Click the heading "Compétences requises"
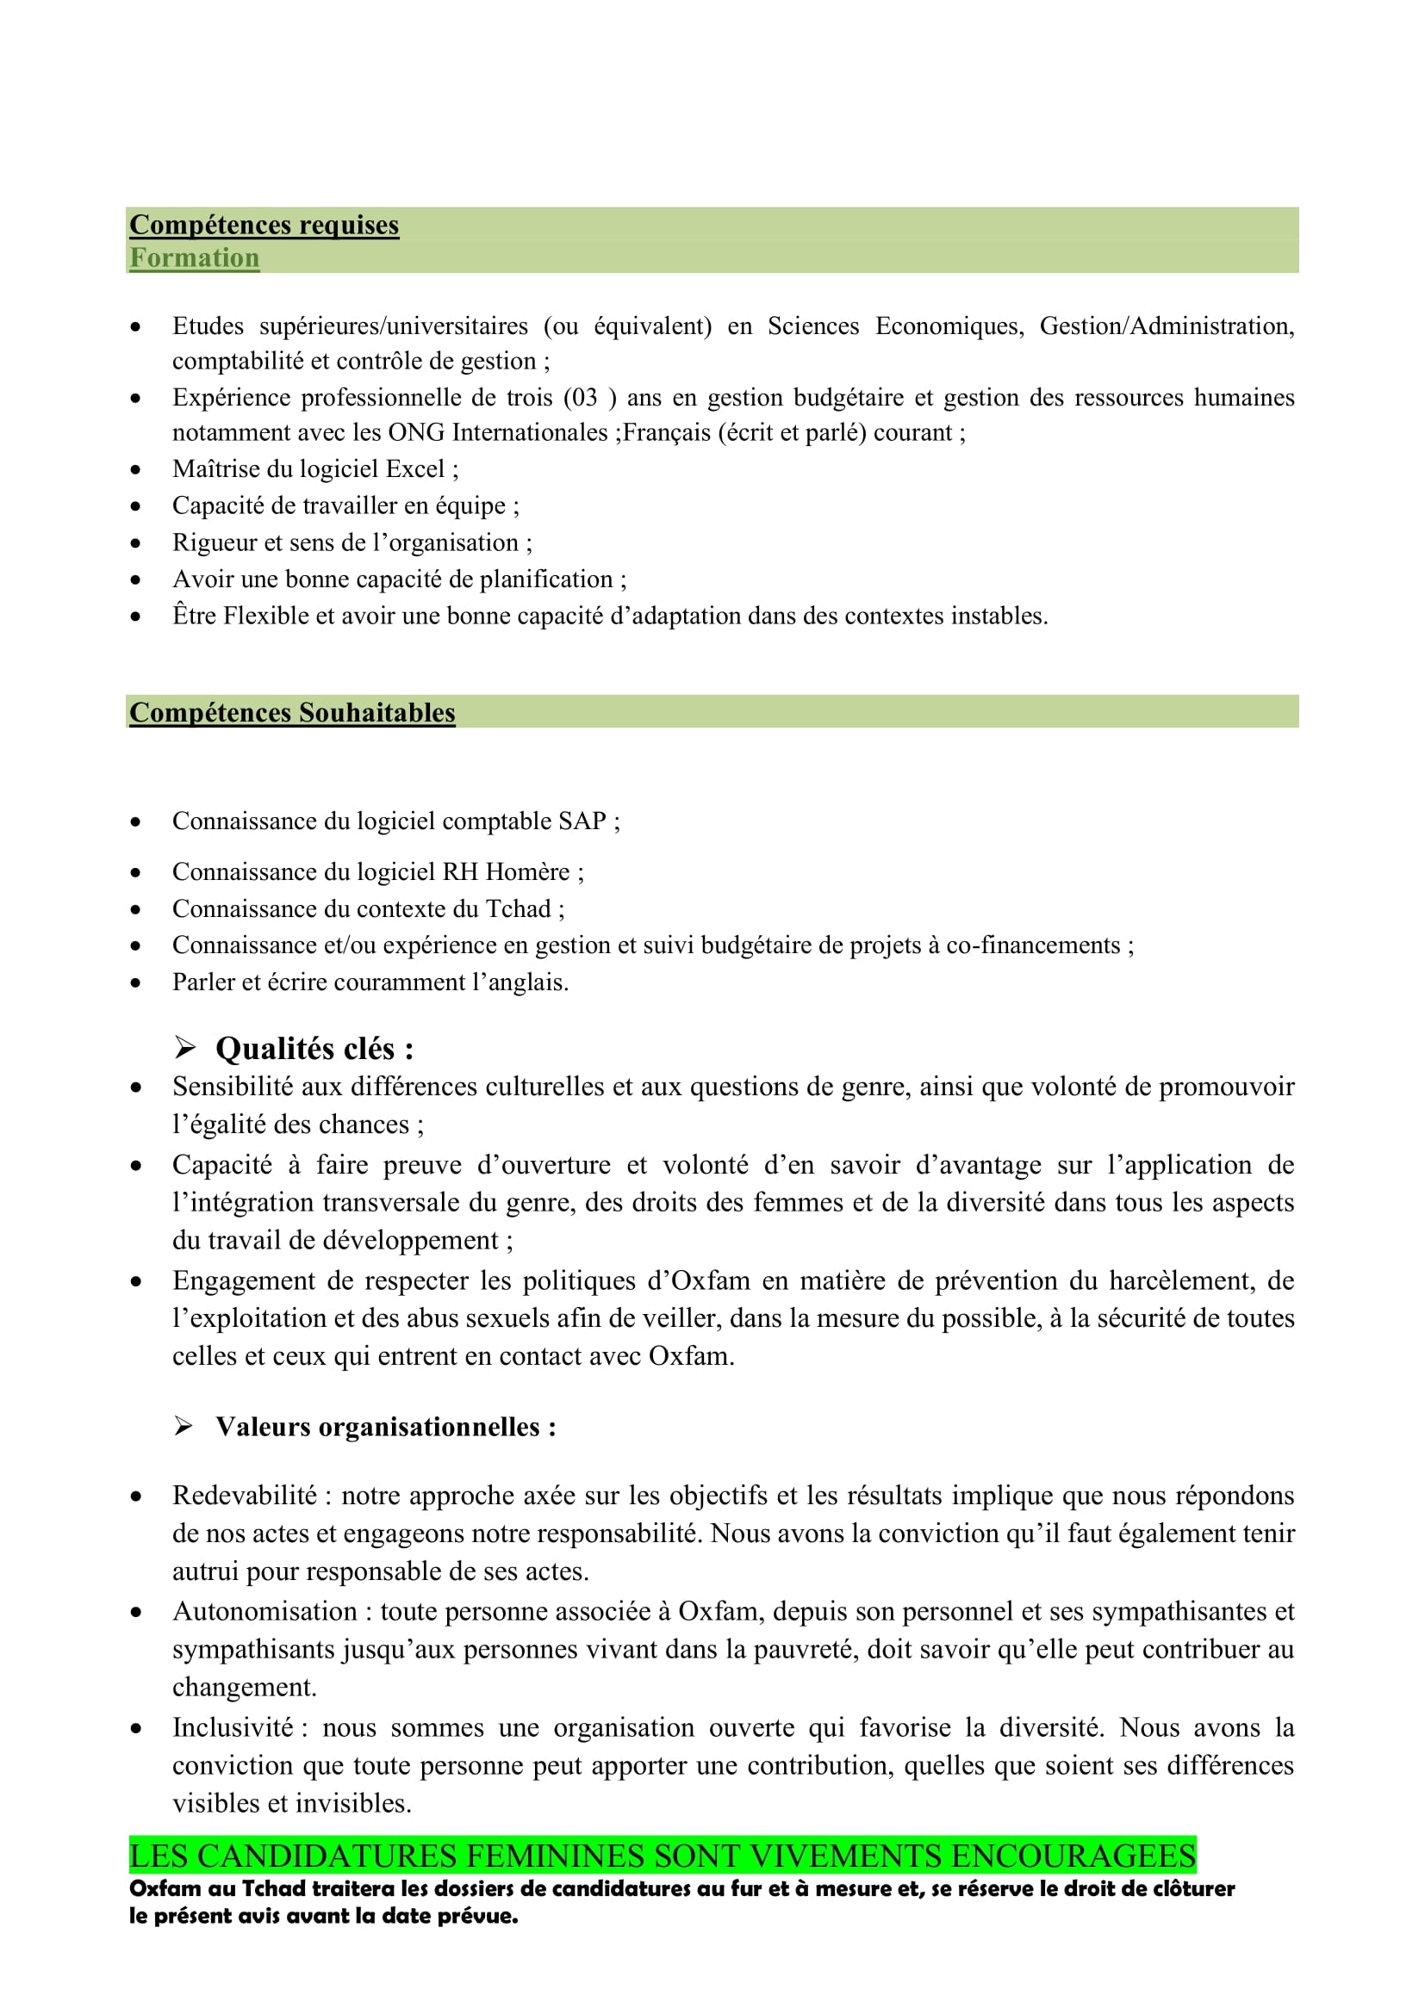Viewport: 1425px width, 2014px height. pos(264,226)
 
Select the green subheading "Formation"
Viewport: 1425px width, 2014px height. pos(194,258)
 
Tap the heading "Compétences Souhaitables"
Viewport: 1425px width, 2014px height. pos(292,712)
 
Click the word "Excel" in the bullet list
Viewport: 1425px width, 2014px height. pos(415,469)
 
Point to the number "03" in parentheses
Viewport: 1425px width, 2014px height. pos(580,399)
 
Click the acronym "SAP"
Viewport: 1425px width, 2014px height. pos(582,821)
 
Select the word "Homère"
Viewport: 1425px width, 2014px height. pos(527,872)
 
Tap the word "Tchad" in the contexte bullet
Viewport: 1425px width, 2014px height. pos(518,908)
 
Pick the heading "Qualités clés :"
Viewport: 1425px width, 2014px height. pos(314,1049)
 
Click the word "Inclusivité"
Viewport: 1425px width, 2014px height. pos(233,1728)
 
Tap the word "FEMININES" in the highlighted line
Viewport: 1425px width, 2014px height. pos(557,1857)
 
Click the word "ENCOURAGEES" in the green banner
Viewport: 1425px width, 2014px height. pos(1073,1857)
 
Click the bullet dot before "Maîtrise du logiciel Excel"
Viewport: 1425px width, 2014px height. pos(135,470)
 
